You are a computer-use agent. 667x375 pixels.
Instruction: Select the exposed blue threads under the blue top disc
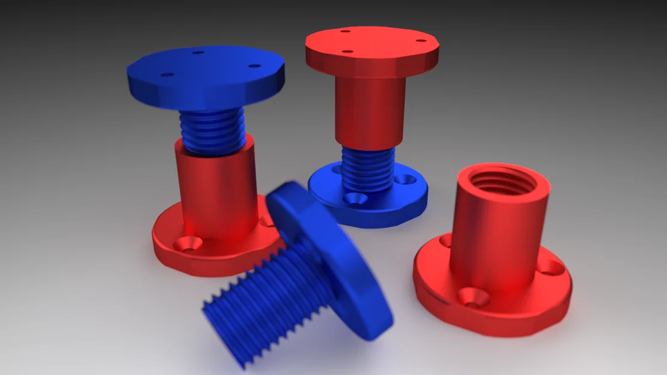[x=213, y=132]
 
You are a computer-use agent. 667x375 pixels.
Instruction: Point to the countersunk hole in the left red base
[x=187, y=243]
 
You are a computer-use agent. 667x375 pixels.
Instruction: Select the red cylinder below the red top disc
[x=369, y=114]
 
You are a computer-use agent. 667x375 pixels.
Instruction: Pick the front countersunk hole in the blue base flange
[x=354, y=198]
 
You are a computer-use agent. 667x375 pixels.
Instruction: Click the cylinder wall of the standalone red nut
[x=498, y=240]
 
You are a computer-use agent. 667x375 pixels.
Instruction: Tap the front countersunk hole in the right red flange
[x=471, y=296]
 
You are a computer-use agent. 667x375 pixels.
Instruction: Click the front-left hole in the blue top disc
[x=168, y=75]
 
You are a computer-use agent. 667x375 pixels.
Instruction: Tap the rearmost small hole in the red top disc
[x=345, y=31]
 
